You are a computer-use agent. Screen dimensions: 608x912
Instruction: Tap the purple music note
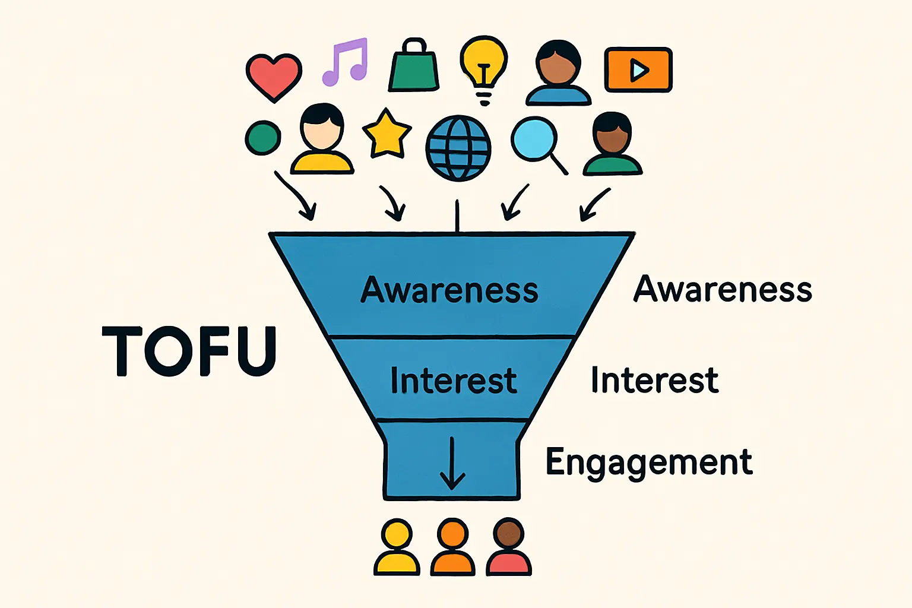(346, 62)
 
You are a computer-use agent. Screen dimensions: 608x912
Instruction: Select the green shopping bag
(414, 68)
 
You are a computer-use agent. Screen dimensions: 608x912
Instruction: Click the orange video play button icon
(638, 70)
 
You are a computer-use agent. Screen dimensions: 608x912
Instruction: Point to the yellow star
(387, 134)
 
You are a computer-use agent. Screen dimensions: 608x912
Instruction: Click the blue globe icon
(458, 148)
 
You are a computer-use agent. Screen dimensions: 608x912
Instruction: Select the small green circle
(262, 138)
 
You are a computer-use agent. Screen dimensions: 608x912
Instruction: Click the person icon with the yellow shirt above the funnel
(322, 140)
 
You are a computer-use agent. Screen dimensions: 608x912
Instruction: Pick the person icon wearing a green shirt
(613, 145)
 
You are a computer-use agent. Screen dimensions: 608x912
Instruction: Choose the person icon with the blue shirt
(558, 74)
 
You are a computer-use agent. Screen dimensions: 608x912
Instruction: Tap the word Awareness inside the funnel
(449, 290)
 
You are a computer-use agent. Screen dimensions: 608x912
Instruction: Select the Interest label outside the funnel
(654, 380)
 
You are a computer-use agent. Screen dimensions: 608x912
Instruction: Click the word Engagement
(649, 463)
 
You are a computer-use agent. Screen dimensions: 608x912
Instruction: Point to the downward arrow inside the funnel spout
(452, 464)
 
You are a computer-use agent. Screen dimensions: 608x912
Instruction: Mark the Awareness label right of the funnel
(723, 289)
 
